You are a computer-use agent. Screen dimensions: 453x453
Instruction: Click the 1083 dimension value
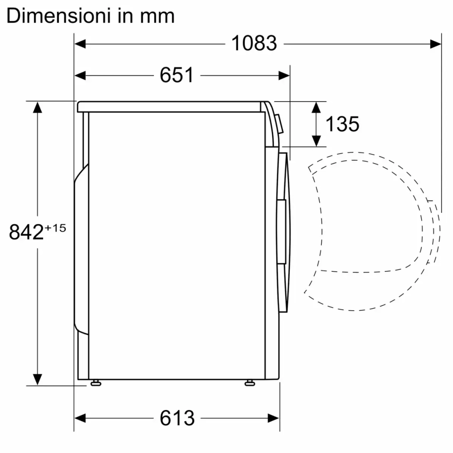[x=254, y=43]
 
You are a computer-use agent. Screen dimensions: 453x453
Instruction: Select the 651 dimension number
[x=177, y=75]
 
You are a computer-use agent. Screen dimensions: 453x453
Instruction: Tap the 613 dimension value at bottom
[x=177, y=417]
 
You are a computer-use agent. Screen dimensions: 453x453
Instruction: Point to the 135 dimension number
[x=342, y=124]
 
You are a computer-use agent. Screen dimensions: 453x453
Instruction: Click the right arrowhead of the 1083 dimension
[x=435, y=43]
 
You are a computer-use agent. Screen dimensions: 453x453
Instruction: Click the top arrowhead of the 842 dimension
[x=37, y=107]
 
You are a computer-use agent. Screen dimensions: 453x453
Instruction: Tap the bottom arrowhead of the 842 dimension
[x=37, y=379]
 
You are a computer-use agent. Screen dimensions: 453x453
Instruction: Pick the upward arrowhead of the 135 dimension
[x=317, y=107]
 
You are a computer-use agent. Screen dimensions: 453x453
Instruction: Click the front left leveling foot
[x=95, y=383]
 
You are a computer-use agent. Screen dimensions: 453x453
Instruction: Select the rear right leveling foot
[x=249, y=383]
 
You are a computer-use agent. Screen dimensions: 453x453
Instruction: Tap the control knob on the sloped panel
[x=280, y=123]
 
